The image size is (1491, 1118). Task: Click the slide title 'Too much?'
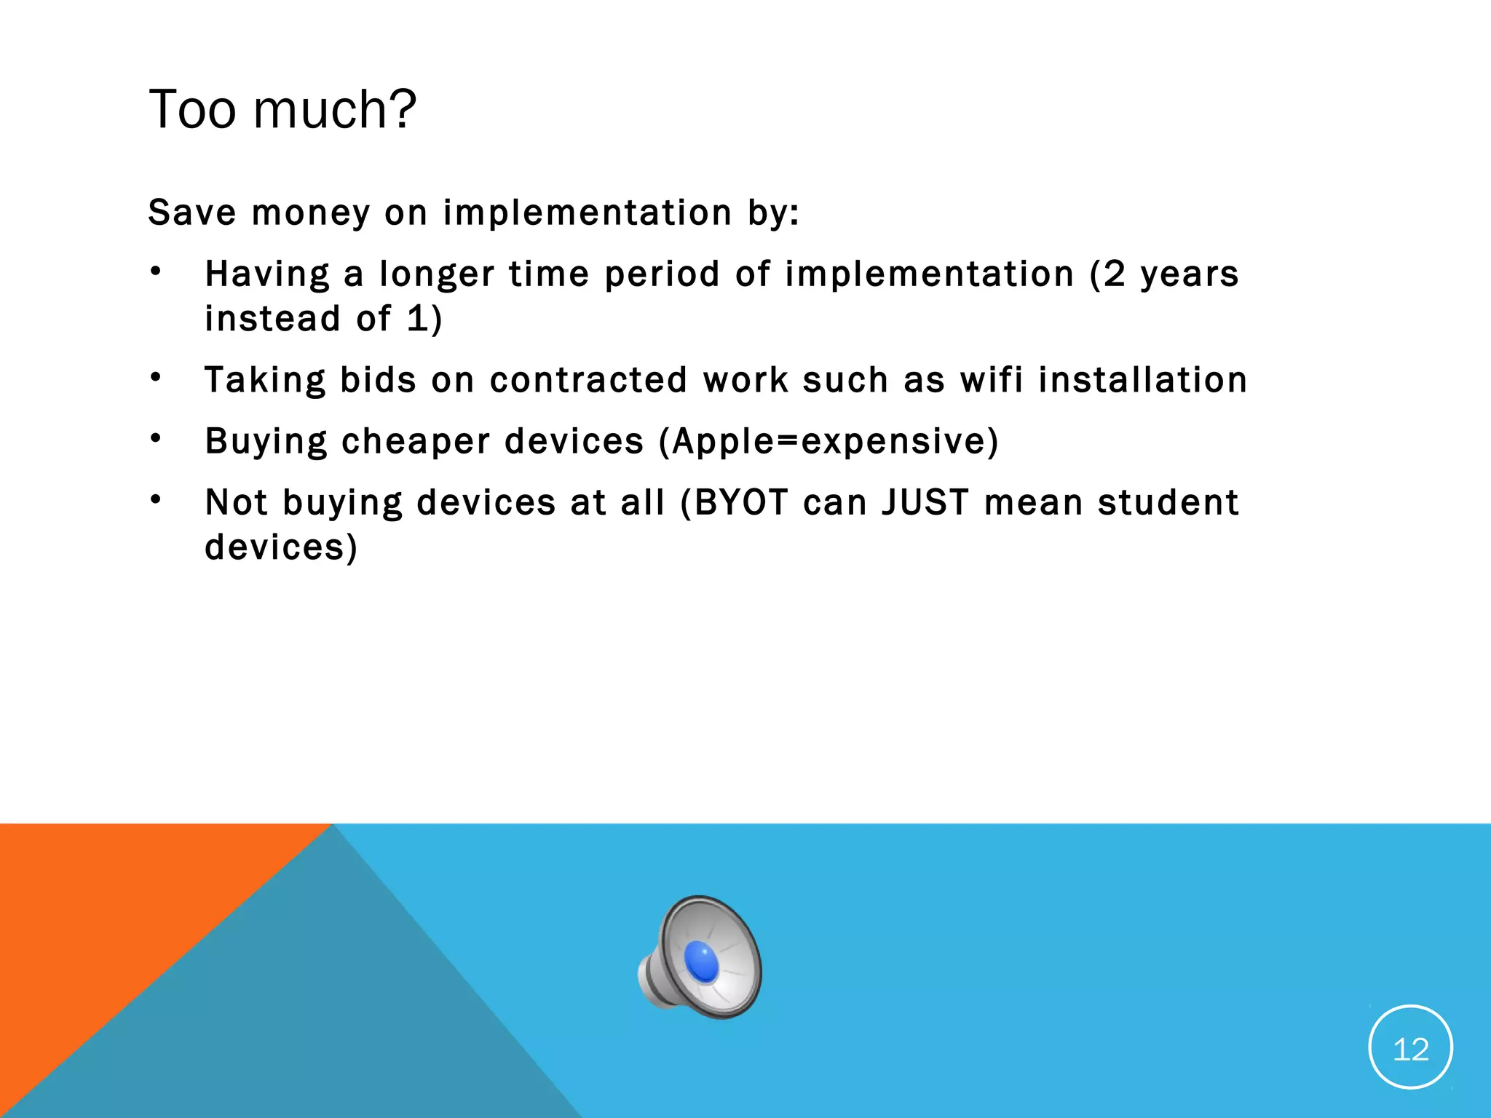[x=282, y=109]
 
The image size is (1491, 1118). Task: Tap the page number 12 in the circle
[x=1410, y=1049]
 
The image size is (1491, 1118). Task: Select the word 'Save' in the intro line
[x=192, y=213]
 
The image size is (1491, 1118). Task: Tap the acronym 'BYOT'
[x=741, y=502]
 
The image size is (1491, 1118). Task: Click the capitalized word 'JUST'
[x=925, y=502]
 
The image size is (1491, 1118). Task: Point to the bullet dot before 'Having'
[x=155, y=272]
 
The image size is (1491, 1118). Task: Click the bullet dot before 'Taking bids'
[x=155, y=378]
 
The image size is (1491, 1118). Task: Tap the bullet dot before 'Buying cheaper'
[x=155, y=439]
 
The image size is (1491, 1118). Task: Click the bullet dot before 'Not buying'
[x=155, y=500]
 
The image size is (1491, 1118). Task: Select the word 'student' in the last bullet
[x=1168, y=502]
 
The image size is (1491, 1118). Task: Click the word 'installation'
[x=1142, y=379]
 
